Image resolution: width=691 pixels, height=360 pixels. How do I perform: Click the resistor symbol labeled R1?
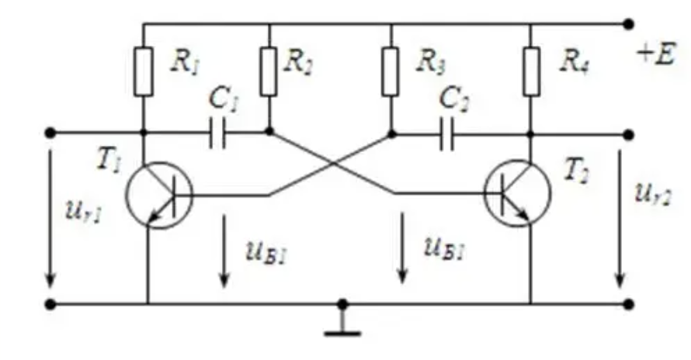[x=144, y=71]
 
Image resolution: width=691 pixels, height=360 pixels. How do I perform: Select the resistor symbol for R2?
[x=269, y=71]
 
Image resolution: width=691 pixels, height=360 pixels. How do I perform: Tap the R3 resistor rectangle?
[x=391, y=71]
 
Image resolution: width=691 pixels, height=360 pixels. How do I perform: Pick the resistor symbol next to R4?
[x=532, y=71]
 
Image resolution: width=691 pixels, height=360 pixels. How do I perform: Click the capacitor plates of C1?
[x=217, y=132]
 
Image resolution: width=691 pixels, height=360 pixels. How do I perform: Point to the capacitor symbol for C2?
[x=446, y=134]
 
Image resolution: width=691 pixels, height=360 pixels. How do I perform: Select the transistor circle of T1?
[x=159, y=196]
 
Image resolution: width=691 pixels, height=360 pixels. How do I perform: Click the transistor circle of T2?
[x=517, y=193]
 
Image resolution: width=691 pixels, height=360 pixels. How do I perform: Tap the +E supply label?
[x=656, y=56]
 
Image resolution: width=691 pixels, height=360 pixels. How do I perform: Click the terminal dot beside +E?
[x=629, y=24]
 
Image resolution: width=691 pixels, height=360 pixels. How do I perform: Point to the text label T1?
[x=109, y=161]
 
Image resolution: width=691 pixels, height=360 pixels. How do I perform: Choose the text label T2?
[x=578, y=171]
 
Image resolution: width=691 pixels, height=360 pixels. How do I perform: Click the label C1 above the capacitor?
[x=224, y=99]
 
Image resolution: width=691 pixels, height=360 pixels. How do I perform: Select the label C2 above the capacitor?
[x=454, y=99]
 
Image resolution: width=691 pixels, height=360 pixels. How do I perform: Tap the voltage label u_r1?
[x=84, y=212]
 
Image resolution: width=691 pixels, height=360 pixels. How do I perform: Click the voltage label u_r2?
[x=653, y=194]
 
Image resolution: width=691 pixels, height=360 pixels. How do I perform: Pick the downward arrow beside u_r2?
[x=620, y=219]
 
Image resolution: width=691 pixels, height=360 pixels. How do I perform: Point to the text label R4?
[x=575, y=62]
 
